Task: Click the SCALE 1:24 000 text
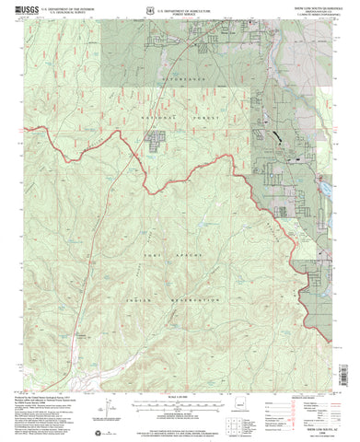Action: point(180,371)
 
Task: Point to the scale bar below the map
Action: point(180,378)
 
